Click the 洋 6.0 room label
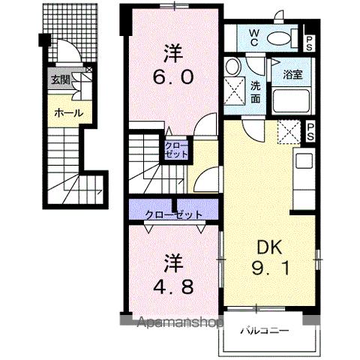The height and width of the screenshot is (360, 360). pos(174,65)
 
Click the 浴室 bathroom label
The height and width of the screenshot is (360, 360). pos(292,75)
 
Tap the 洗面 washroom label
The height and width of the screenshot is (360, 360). pos(256,91)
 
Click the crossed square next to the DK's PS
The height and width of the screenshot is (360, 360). pos(289,133)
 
